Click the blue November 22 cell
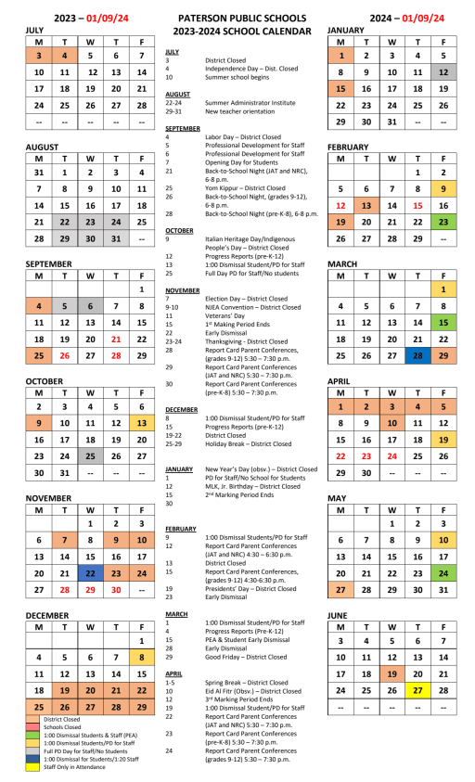[89, 548]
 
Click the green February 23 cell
[443, 222]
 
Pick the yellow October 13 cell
[141, 423]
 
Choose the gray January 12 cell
[443, 71]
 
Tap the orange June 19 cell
[392, 673]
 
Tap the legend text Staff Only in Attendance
[75, 767]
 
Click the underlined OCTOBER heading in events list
[179, 229]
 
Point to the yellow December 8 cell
[141, 657]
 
